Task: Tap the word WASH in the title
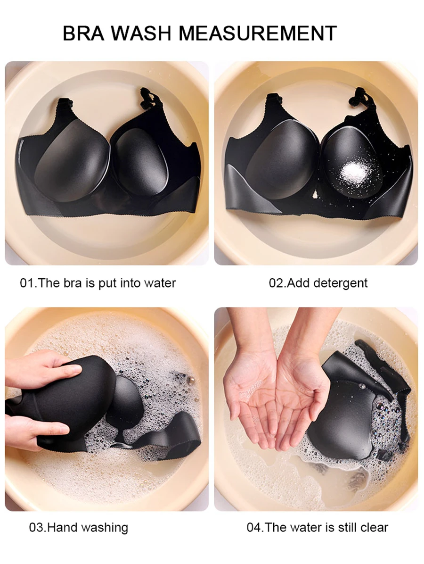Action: click(x=141, y=33)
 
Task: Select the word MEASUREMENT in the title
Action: click(x=257, y=33)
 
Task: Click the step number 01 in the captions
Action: click(x=27, y=283)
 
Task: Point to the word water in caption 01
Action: click(x=160, y=283)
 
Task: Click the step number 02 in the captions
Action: click(x=276, y=283)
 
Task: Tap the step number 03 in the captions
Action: click(x=36, y=528)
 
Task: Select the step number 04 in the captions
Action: click(x=254, y=528)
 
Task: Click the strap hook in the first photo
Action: click(x=147, y=96)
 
